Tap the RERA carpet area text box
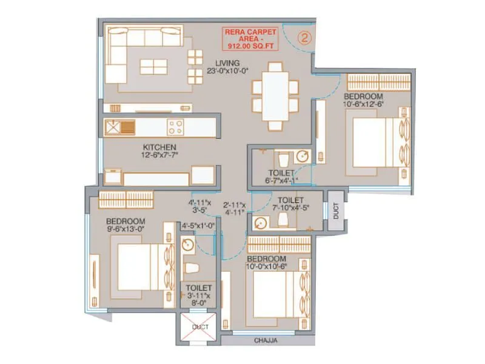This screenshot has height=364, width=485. (251, 38)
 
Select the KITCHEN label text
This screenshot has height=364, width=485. (159, 151)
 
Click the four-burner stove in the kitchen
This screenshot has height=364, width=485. (176, 127)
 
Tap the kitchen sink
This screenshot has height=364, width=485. (113, 127)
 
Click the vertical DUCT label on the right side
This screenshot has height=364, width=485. (336, 210)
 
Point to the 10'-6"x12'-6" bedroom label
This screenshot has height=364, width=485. (363, 101)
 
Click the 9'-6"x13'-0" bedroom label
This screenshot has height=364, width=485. (125, 225)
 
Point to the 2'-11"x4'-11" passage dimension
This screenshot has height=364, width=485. (233, 209)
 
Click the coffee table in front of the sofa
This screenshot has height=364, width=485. (153, 66)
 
